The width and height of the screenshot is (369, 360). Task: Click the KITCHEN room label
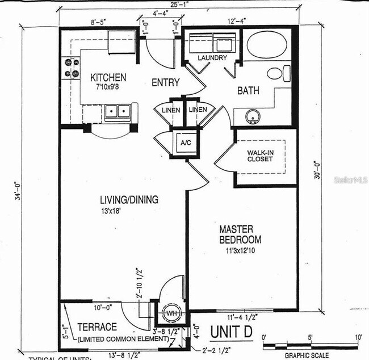point(108,77)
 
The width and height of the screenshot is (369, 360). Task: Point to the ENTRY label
point(165,83)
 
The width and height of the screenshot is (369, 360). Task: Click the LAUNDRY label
point(212,58)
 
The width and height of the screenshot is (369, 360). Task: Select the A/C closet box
point(186,143)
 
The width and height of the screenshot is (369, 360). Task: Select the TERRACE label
point(97,327)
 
